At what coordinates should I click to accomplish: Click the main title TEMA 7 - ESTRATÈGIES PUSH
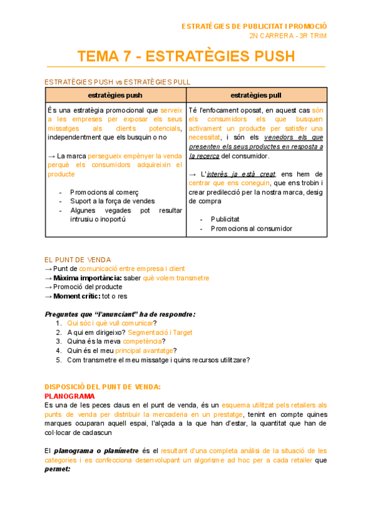186,57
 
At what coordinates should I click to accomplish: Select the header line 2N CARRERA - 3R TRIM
287,35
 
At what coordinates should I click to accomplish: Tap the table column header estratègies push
116,95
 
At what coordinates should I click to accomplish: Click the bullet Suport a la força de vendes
112,201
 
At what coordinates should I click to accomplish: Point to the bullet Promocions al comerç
104,193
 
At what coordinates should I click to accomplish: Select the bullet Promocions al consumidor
251,229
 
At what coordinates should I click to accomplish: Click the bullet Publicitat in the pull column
225,219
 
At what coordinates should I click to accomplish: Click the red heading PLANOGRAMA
70,396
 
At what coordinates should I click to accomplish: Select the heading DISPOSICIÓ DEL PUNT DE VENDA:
103,387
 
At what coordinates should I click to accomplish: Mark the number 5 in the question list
58,360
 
